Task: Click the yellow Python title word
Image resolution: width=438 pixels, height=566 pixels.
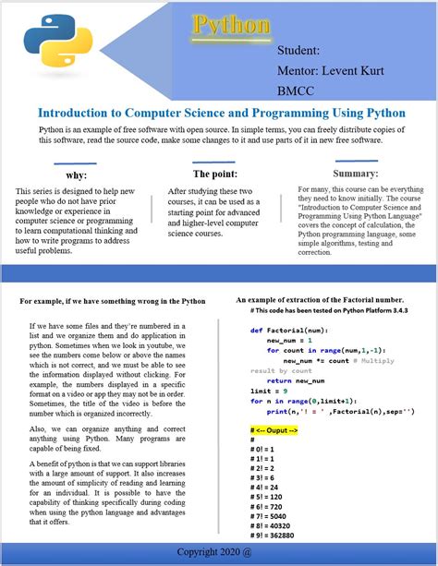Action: click(x=230, y=25)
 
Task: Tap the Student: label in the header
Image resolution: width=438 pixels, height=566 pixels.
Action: click(x=298, y=51)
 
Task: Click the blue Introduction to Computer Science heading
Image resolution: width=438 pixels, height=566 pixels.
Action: click(x=221, y=113)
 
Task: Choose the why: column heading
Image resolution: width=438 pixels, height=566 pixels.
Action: click(x=77, y=175)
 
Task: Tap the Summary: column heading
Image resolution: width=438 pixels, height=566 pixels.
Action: click(x=356, y=173)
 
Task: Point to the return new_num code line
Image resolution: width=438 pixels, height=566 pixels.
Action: click(x=292, y=380)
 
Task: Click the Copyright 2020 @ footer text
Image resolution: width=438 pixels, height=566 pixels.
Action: click(x=219, y=551)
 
